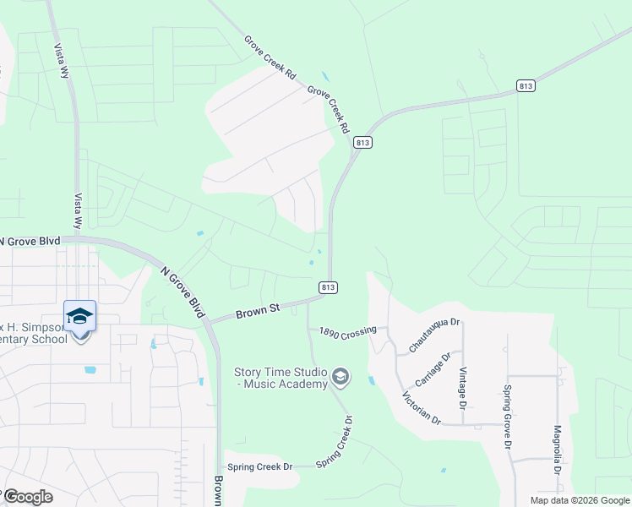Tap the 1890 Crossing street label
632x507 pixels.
coord(347,332)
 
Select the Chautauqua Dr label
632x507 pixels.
coord(434,335)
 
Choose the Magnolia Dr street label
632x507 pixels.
coord(558,449)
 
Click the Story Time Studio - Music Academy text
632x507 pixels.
coord(281,378)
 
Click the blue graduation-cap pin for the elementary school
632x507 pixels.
coord(80,317)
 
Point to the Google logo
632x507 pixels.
coord(27,497)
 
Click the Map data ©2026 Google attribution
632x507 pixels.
coord(580,500)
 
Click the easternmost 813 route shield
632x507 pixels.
coord(526,86)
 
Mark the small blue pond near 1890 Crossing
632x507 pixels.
coord(372,380)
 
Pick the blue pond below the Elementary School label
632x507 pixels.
coord(90,370)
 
